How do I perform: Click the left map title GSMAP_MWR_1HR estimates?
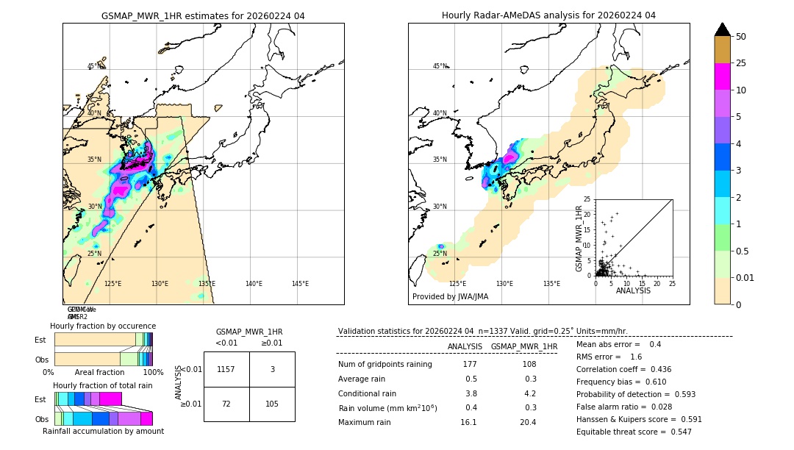pyautogui.click(x=203, y=15)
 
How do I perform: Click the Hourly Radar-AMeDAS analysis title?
pyautogui.click(x=548, y=15)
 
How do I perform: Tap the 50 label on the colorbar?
pyautogui.click(x=741, y=37)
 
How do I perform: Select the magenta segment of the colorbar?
pyautogui.click(x=723, y=76)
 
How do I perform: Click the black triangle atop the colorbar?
pyautogui.click(x=723, y=29)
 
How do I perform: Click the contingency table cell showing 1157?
pyautogui.click(x=226, y=369)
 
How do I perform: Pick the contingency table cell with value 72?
pyautogui.click(x=226, y=404)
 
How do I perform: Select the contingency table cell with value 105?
pyautogui.click(x=272, y=404)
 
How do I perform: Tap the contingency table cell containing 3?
pyautogui.click(x=272, y=369)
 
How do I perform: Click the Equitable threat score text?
pyautogui.click(x=634, y=432)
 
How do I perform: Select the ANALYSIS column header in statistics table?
pyautogui.click(x=465, y=346)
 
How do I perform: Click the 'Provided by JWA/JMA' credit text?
pyautogui.click(x=450, y=296)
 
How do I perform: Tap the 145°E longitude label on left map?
pyautogui.click(x=300, y=284)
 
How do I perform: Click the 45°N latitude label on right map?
pyautogui.click(x=440, y=66)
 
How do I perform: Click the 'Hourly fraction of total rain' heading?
pyautogui.click(x=103, y=385)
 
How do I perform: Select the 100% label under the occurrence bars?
pyautogui.click(x=153, y=373)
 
